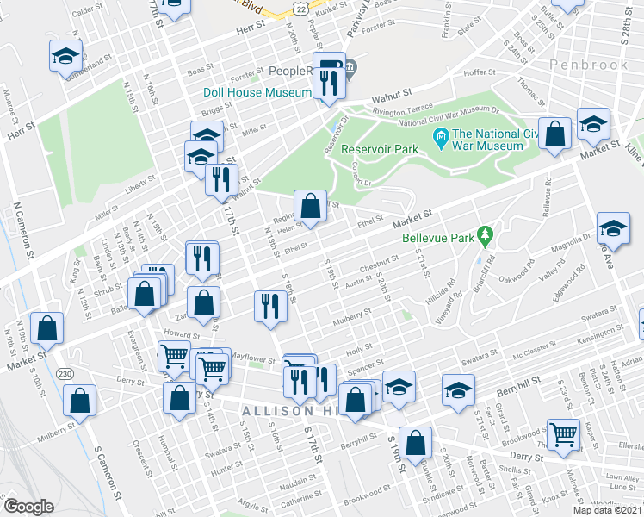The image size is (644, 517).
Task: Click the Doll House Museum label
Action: pyautogui.click(x=257, y=92)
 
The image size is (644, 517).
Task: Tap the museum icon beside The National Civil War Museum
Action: pyautogui.click(x=441, y=134)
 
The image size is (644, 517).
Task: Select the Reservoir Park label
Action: pyautogui.click(x=379, y=149)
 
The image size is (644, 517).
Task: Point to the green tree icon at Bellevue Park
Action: pyautogui.click(x=486, y=234)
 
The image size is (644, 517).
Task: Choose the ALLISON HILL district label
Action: pyautogui.click(x=289, y=411)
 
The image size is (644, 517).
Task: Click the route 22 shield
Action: pyautogui.click(x=298, y=8)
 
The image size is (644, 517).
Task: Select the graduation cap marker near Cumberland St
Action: pyautogui.click(x=65, y=57)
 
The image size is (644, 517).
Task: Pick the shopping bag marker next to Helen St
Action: pyautogui.click(x=310, y=206)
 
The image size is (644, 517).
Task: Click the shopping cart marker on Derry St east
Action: pyautogui.click(x=563, y=436)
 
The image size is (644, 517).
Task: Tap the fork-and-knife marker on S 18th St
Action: pyautogui.click(x=271, y=308)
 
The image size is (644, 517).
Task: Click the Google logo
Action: pyautogui.click(x=28, y=508)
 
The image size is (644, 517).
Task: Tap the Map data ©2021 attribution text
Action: pyautogui.click(x=608, y=510)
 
